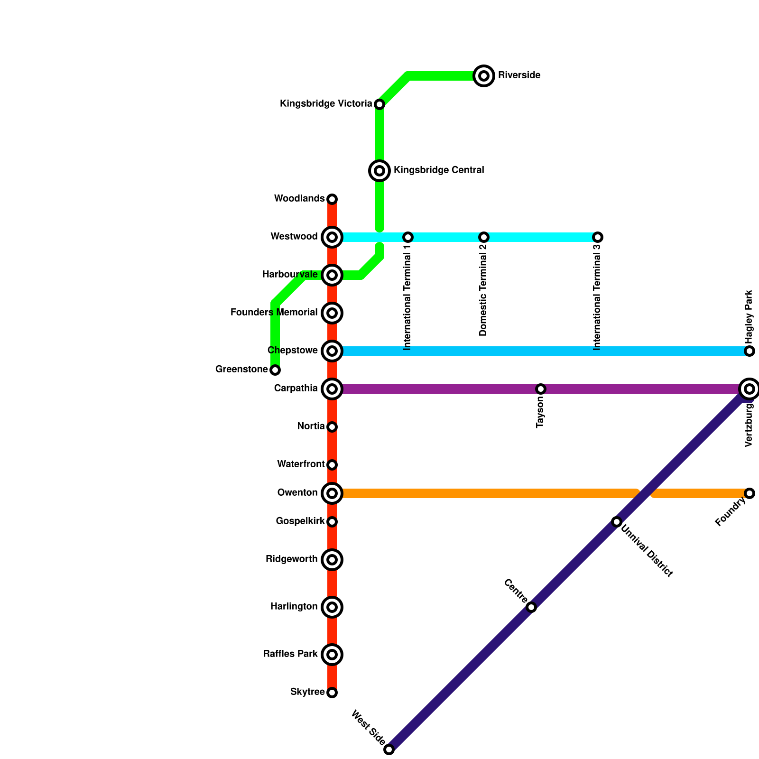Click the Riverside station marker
coord(484,76)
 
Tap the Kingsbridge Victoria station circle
coord(379,104)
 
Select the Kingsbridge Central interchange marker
coord(379,171)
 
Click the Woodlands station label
coord(299,199)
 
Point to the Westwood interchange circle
coord(332,237)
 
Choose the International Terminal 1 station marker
coord(408,237)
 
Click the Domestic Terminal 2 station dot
coord(484,237)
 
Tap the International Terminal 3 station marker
coord(598,237)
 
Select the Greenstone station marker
coord(275,370)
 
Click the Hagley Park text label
coord(749,317)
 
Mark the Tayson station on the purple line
coord(541,389)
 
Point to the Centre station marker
coord(531,607)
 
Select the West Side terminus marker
coord(389,750)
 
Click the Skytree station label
coord(307,692)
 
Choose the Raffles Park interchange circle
coord(332,655)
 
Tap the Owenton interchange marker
coord(332,493)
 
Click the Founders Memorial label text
coord(274,313)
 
